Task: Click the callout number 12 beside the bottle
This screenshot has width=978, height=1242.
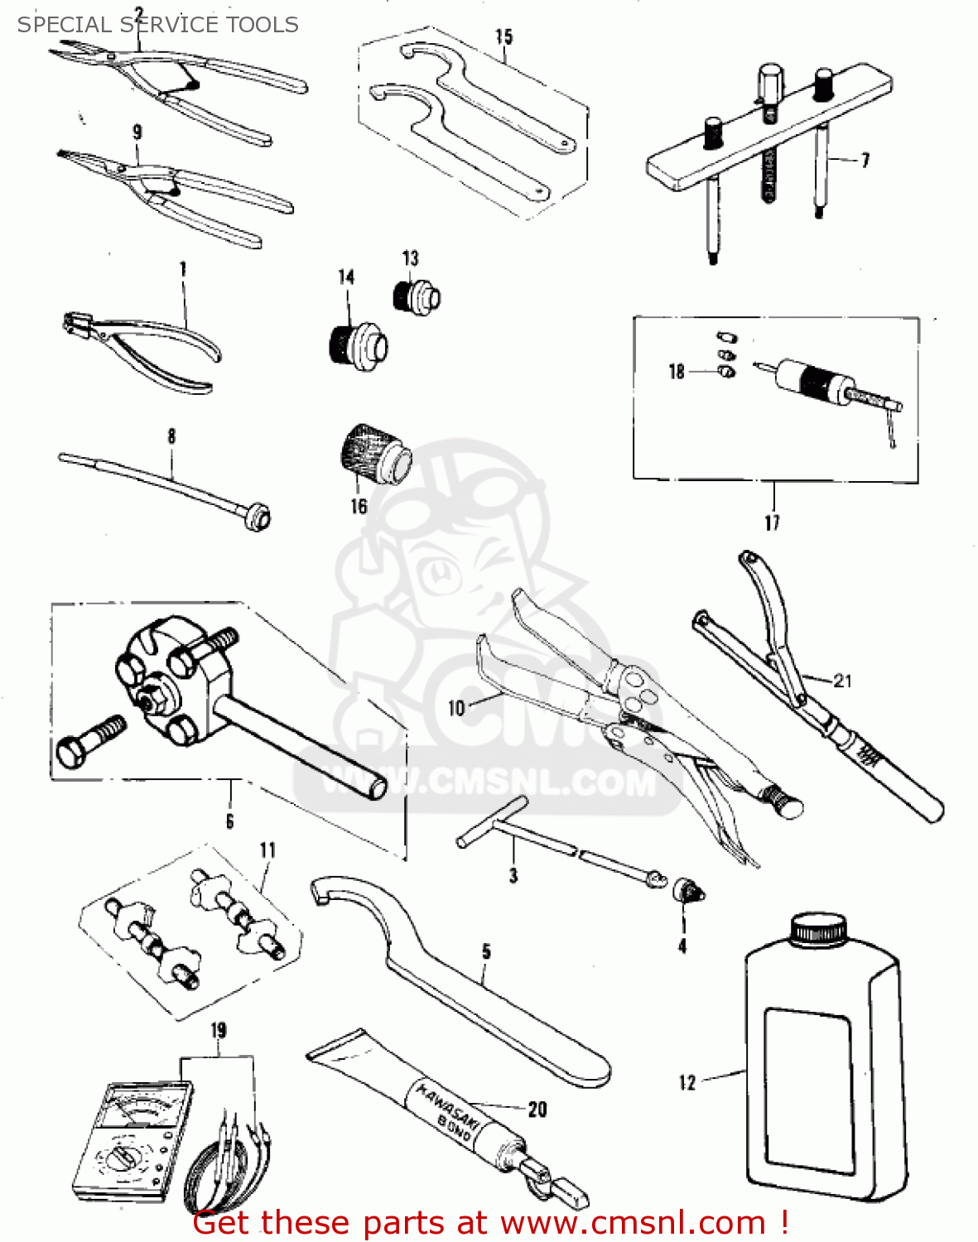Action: pyautogui.click(x=687, y=1082)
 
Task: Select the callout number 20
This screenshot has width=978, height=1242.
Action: pyautogui.click(x=537, y=1109)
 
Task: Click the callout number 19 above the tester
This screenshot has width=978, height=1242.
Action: pyautogui.click(x=218, y=1031)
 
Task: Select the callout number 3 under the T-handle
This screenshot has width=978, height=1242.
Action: pyautogui.click(x=513, y=875)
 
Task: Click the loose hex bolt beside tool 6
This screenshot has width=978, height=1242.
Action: pyautogui.click(x=89, y=741)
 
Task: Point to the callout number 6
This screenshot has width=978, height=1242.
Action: pyautogui.click(x=229, y=821)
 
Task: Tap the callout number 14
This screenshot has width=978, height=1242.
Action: pyautogui.click(x=346, y=277)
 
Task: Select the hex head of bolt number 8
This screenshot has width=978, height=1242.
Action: pyautogui.click(x=258, y=518)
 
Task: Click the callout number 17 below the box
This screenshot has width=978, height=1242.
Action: pyautogui.click(x=772, y=522)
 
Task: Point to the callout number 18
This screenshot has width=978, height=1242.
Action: pyautogui.click(x=677, y=372)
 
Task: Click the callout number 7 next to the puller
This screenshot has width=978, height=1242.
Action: pyautogui.click(x=865, y=160)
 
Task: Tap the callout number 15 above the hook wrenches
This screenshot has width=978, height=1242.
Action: pyautogui.click(x=503, y=36)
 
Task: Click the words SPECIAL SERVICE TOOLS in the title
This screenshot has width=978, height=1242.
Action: pyautogui.click(x=157, y=24)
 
